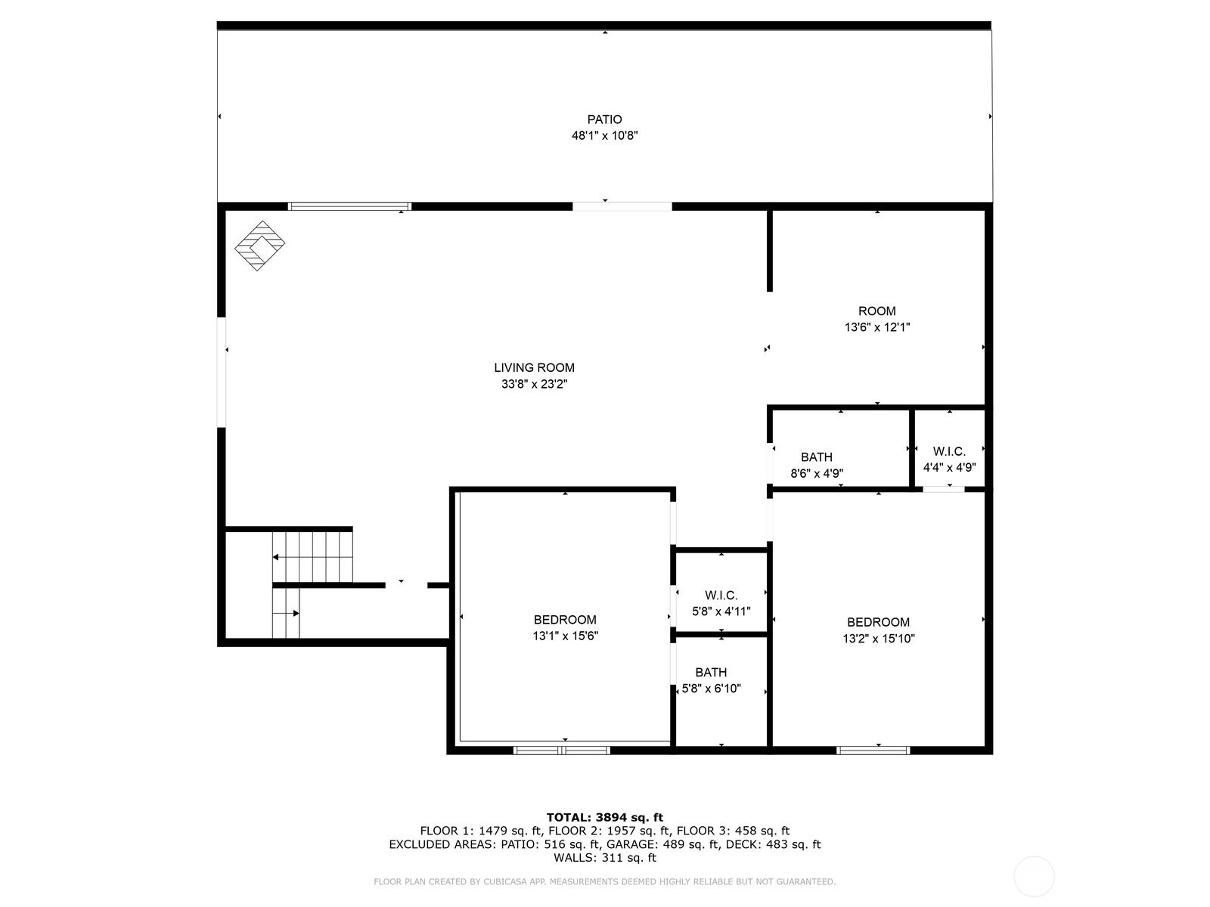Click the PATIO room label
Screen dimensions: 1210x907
(x=604, y=119)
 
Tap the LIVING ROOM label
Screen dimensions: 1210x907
(x=534, y=368)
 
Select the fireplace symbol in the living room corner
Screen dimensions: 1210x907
(x=259, y=246)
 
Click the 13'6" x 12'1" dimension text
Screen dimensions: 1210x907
(x=877, y=327)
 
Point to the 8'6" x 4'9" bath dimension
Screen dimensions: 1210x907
(x=817, y=473)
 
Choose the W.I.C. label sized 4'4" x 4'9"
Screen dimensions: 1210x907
(x=948, y=451)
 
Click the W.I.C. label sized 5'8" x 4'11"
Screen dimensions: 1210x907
(x=721, y=596)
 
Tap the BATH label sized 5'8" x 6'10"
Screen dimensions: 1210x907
(x=711, y=673)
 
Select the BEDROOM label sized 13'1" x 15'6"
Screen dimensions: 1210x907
(x=565, y=620)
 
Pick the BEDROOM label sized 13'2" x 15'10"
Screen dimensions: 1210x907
(x=878, y=622)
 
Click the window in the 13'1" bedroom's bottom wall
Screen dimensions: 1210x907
(x=561, y=750)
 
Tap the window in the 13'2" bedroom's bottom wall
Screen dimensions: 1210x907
(x=873, y=750)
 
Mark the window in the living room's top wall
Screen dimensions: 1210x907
(x=349, y=206)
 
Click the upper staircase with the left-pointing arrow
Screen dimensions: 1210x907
(x=312, y=557)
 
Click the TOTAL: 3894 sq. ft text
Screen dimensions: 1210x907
(x=605, y=817)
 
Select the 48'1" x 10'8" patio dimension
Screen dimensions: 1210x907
(x=604, y=135)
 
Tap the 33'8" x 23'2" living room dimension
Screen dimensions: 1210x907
(x=534, y=385)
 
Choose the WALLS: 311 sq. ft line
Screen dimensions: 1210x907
(x=605, y=857)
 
